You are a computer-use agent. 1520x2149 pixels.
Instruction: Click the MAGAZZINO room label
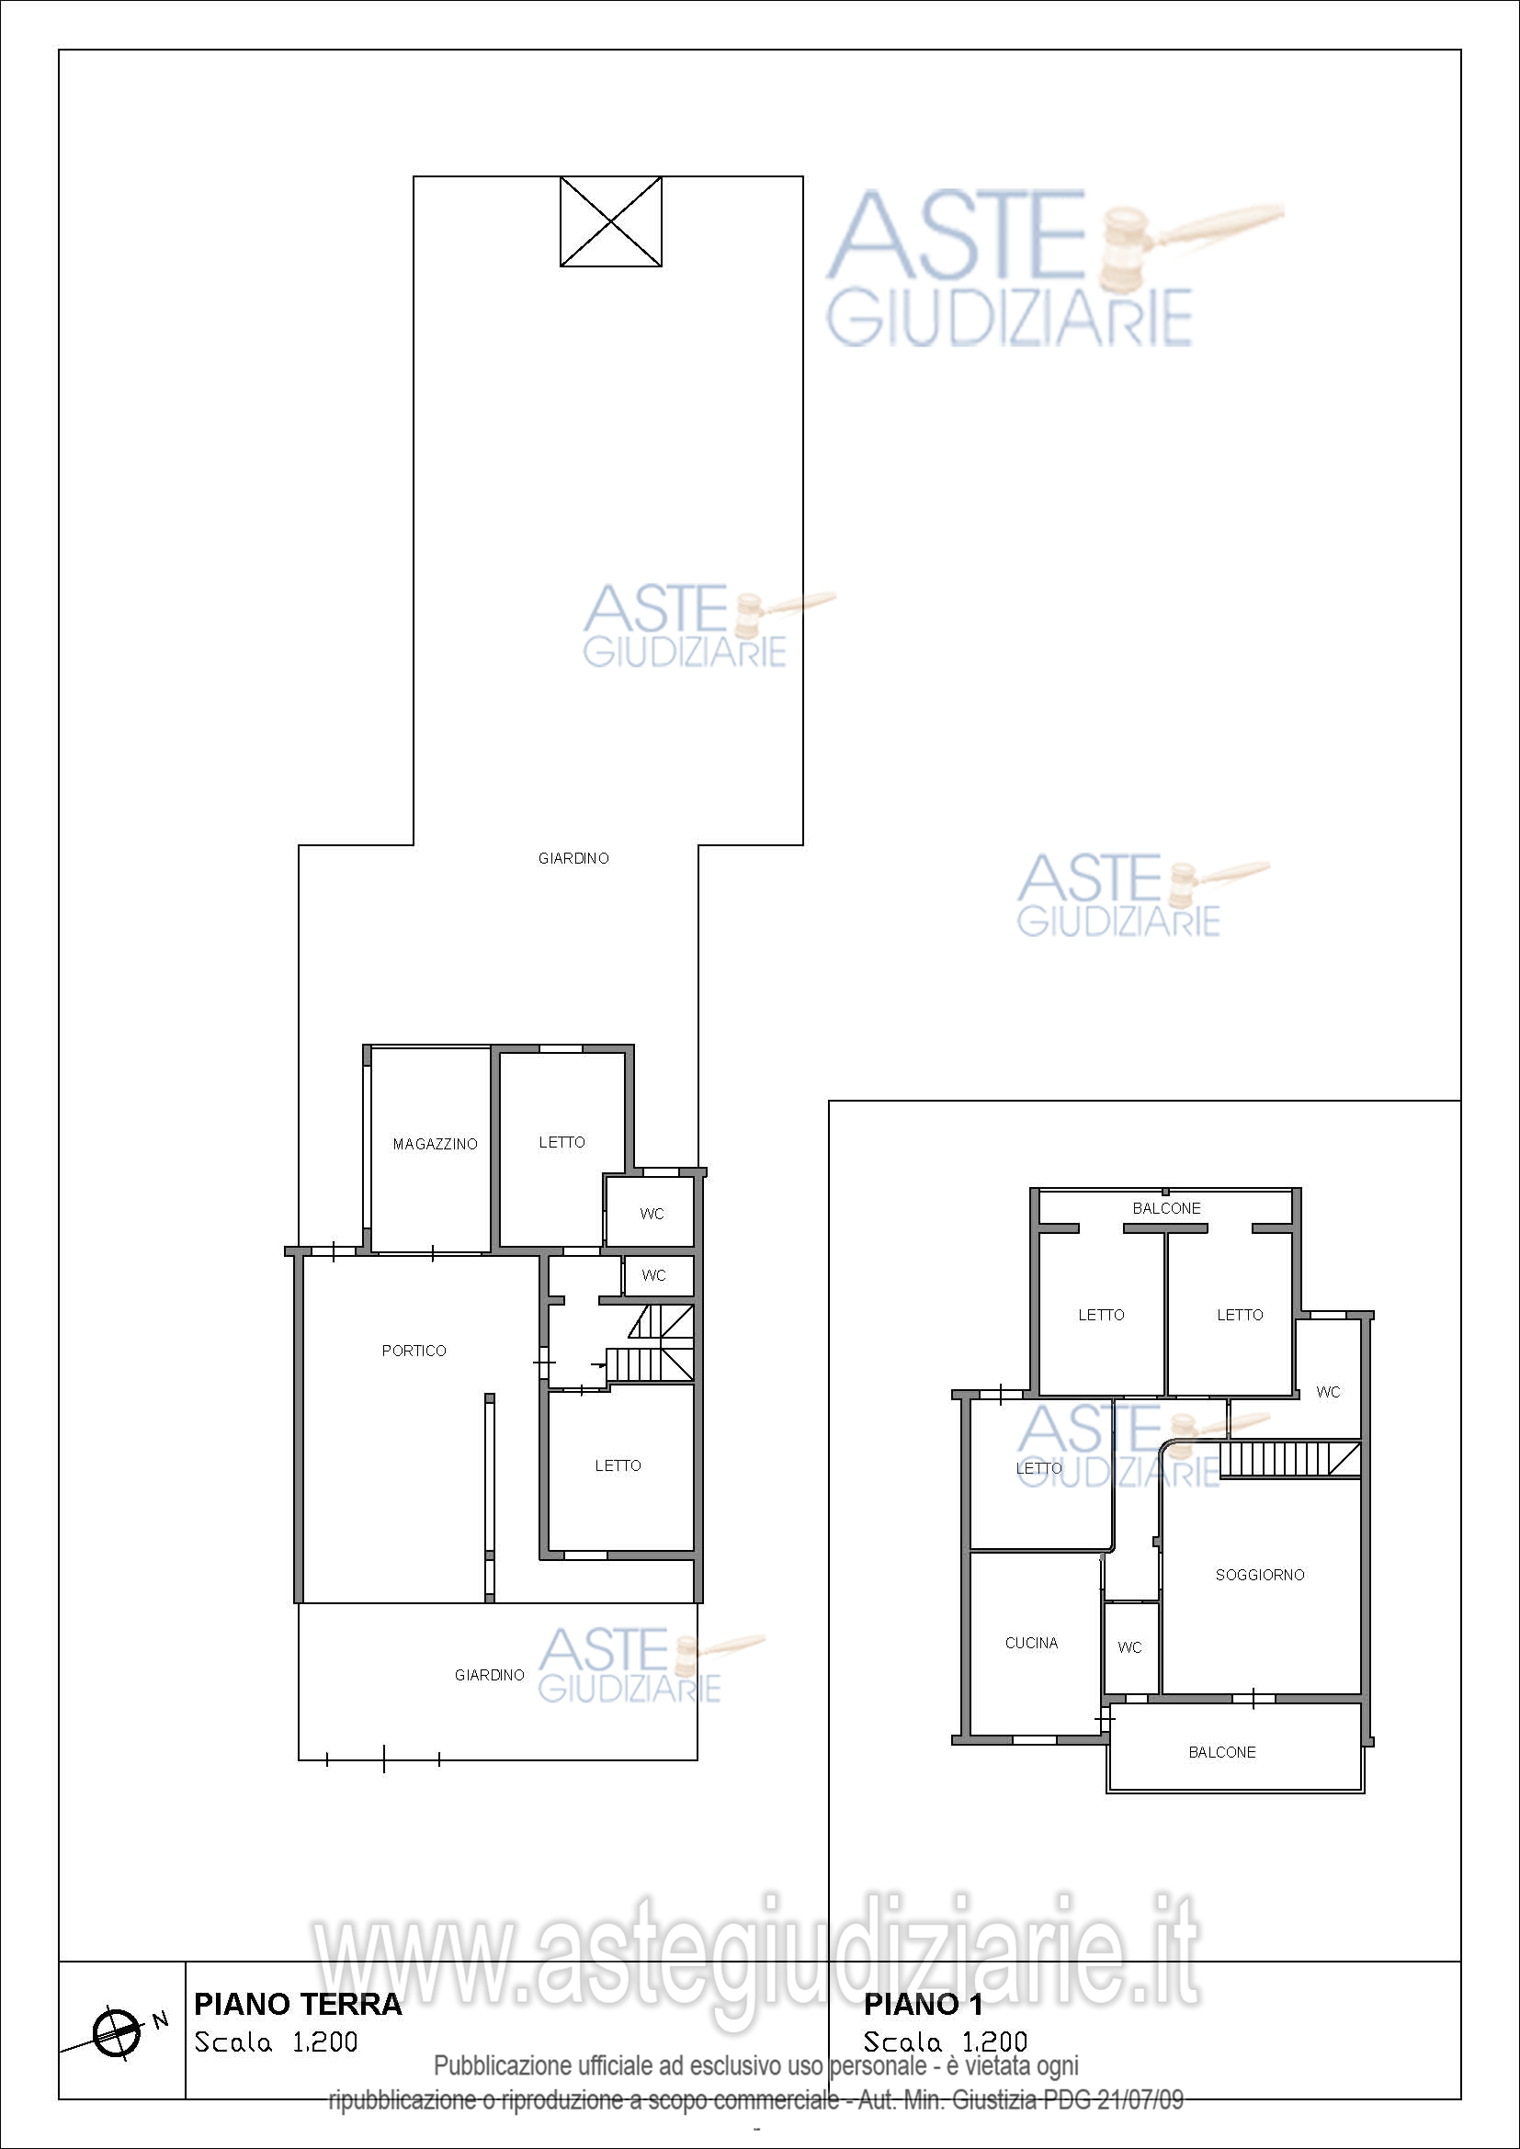[x=436, y=1144]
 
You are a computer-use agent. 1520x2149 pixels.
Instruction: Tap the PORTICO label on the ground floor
[x=414, y=1351]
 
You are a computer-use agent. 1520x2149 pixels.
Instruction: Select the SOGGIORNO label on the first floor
[x=1260, y=1576]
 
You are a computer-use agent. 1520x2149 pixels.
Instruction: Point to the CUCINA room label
[x=1031, y=1644]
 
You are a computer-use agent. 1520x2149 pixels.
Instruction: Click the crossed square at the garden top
[x=611, y=221]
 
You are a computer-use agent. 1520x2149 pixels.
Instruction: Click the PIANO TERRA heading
[x=298, y=2004]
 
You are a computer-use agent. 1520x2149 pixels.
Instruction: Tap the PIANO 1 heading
[x=923, y=2004]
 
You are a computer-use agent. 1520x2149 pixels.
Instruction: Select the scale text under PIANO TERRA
[x=276, y=2042]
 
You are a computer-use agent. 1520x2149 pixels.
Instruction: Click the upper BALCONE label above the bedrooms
[x=1166, y=1208]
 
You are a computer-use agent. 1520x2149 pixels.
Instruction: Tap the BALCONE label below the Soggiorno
[x=1222, y=1752]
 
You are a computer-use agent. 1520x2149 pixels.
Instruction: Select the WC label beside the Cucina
[x=1129, y=1647]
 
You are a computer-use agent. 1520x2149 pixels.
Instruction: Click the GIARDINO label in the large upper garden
[x=573, y=858]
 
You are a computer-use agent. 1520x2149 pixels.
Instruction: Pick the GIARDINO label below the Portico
[x=490, y=1676]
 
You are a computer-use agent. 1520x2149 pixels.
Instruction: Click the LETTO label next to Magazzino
[x=561, y=1142]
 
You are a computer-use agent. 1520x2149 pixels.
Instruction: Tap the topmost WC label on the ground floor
[x=652, y=1214]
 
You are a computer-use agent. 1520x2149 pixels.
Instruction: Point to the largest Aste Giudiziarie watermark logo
[x=1055, y=268]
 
